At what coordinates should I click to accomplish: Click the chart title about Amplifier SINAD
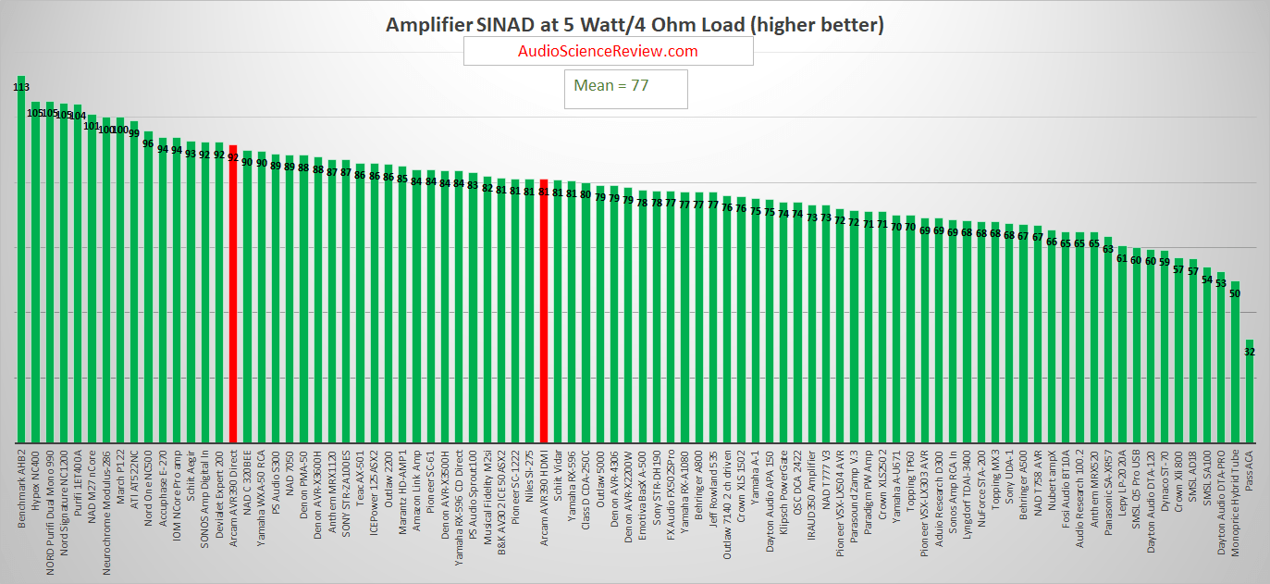point(635,25)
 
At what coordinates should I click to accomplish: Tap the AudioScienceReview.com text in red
point(608,52)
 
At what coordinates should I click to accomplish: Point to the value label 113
point(21,87)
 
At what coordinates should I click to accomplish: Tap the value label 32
point(1250,352)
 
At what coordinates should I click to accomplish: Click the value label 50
point(1235,293)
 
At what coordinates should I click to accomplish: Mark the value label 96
point(148,143)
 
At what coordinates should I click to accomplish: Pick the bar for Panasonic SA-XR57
point(1108,342)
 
